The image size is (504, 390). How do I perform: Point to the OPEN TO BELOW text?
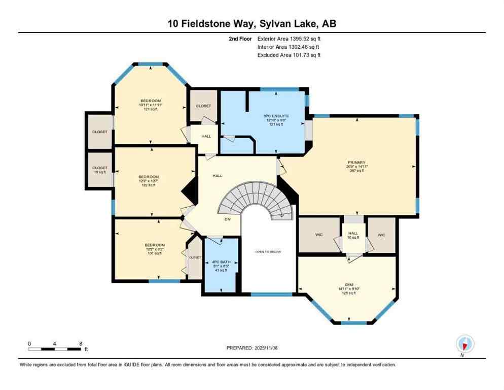(x=268, y=252)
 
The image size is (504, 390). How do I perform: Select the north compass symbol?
(x=464, y=344)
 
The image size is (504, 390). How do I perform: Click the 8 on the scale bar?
(x=81, y=343)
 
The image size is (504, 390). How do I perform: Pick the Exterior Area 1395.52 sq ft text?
(x=289, y=39)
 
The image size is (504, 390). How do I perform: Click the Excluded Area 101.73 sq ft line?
(x=289, y=55)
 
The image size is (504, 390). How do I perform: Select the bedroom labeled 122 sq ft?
(x=151, y=181)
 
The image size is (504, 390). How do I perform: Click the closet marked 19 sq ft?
(x=99, y=170)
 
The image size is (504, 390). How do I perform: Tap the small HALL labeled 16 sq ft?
(x=353, y=235)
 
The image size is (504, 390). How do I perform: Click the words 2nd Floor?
(x=240, y=39)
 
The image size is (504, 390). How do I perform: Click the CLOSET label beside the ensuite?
(x=203, y=106)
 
